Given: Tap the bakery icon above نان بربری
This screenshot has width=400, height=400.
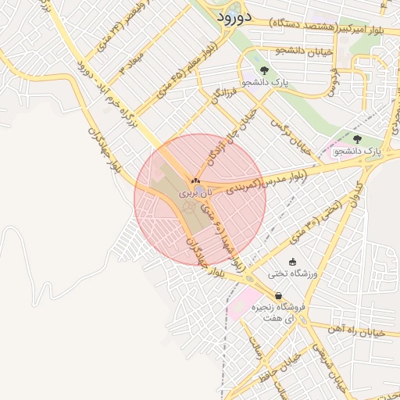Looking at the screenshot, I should click(x=195, y=180).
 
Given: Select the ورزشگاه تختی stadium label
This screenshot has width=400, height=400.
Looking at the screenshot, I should click(x=290, y=273).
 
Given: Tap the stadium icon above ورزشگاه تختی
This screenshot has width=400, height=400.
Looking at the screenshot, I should click(x=293, y=262).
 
